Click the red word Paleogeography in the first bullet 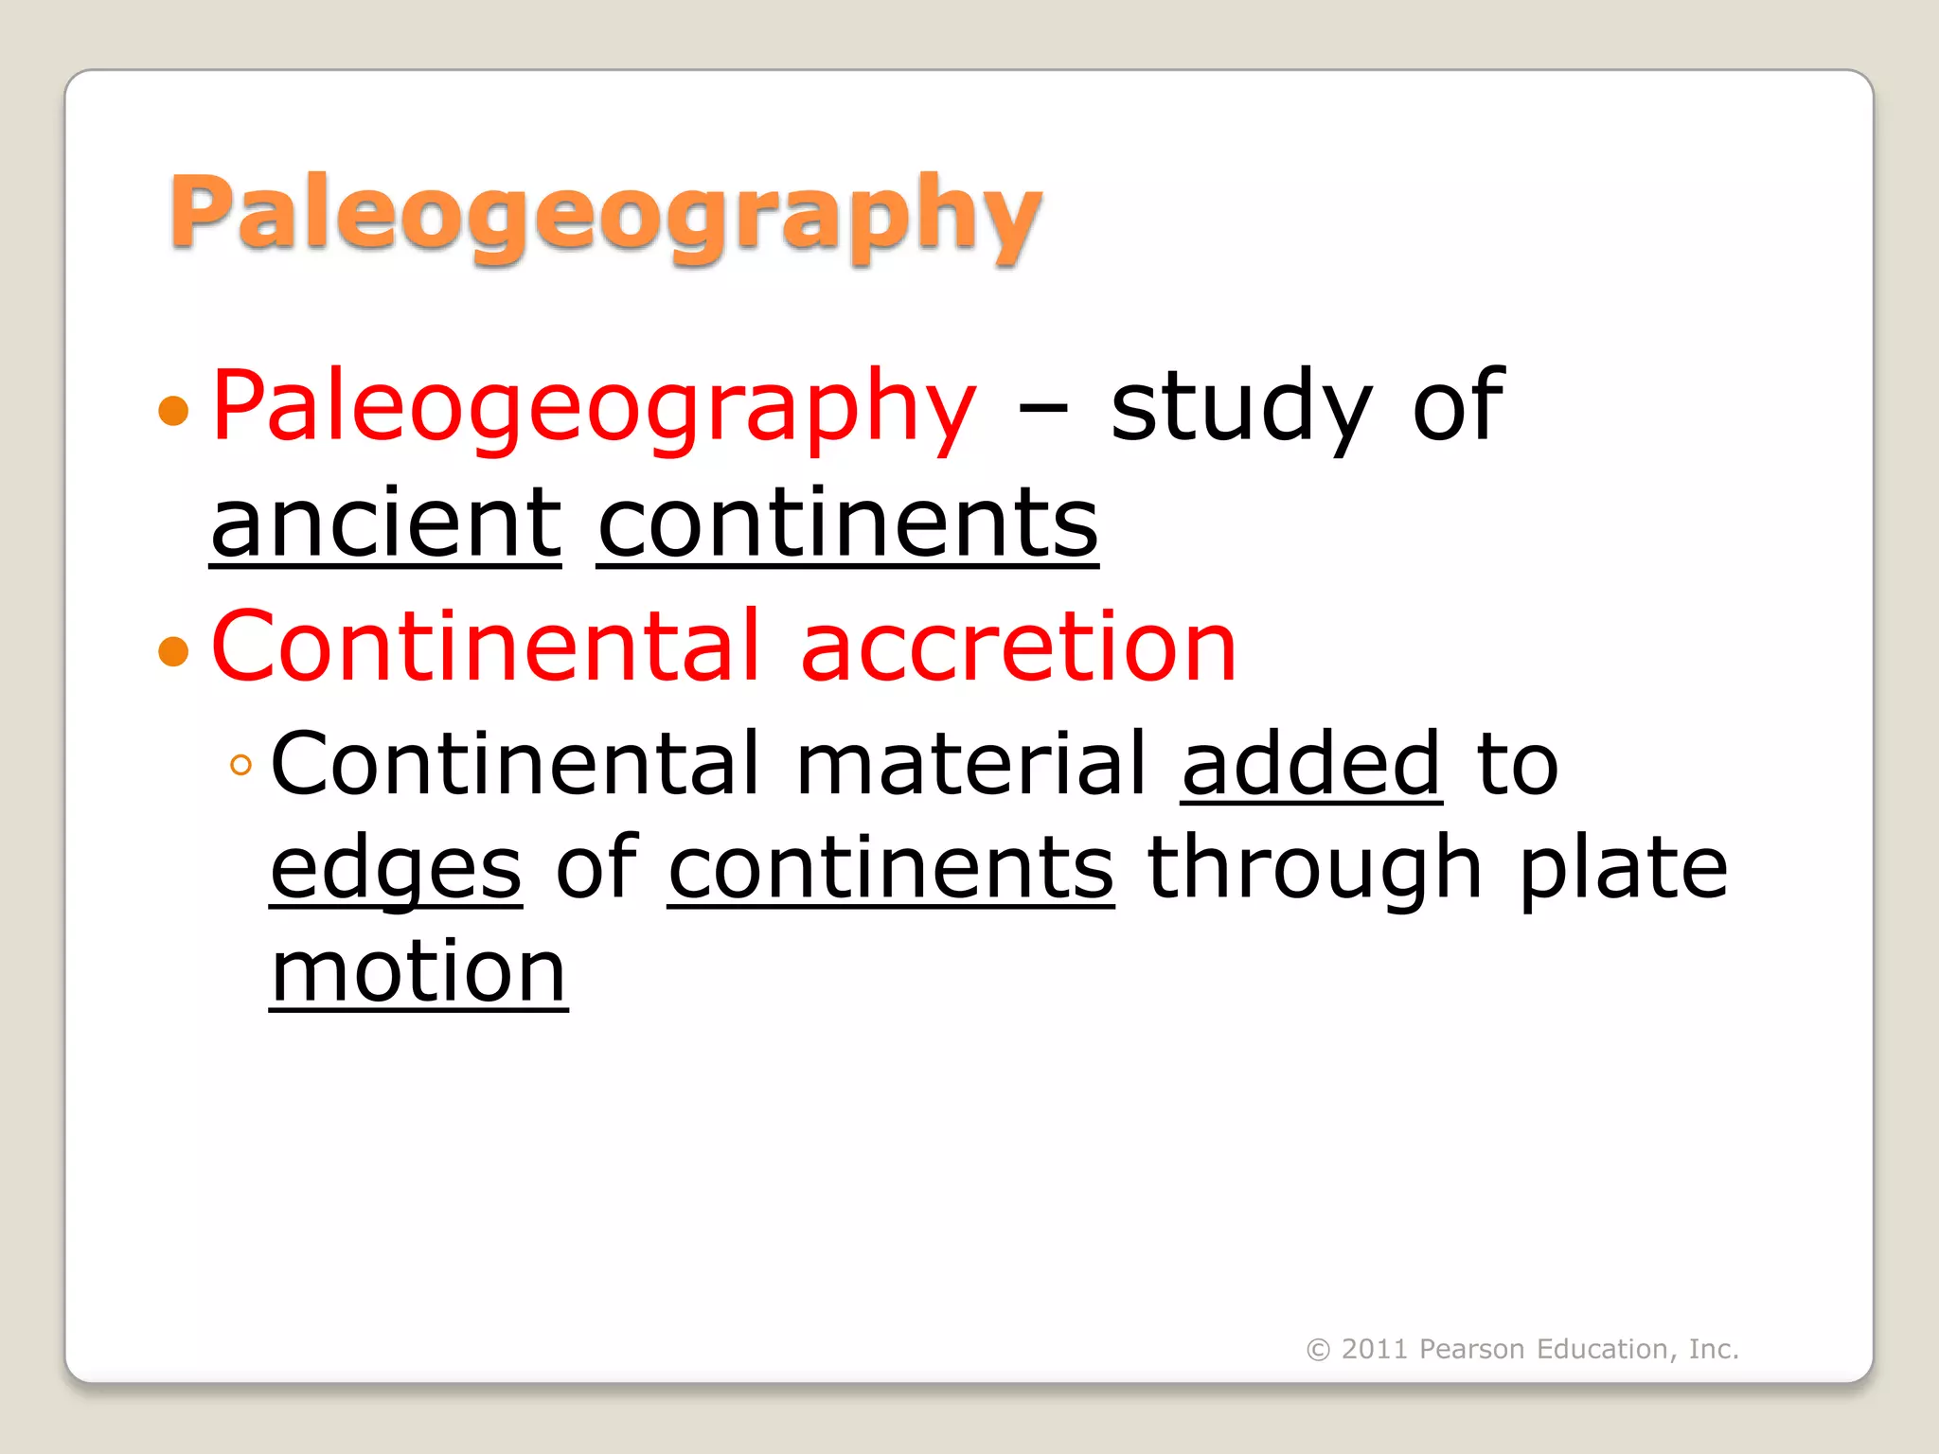pos(594,407)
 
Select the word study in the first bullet pos(1240,407)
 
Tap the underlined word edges pos(396,869)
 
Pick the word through pos(1315,869)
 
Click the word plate pos(1624,869)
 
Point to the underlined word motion pos(418,972)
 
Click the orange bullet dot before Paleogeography pos(174,411)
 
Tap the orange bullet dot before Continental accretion pos(174,651)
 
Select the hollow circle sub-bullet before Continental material pos(241,765)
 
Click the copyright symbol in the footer pos(1318,1350)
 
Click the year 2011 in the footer pos(1375,1349)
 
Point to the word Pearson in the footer pos(1471,1349)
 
